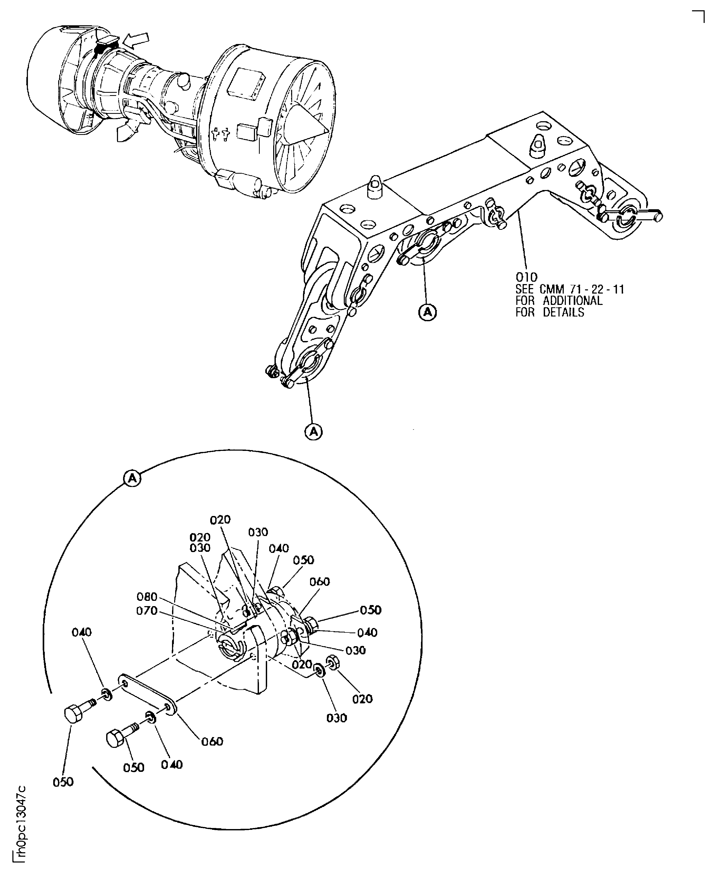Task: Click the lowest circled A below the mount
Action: (x=313, y=431)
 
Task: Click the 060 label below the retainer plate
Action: (x=212, y=741)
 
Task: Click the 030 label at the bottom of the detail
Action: (x=337, y=718)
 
